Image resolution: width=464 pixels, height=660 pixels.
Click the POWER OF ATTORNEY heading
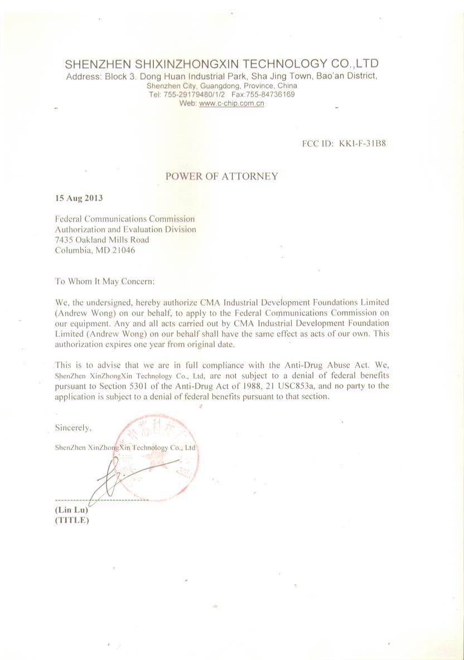[221, 176]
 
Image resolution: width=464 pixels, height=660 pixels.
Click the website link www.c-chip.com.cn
[231, 103]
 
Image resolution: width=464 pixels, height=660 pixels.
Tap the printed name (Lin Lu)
[71, 510]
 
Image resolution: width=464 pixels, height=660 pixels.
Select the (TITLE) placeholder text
[72, 520]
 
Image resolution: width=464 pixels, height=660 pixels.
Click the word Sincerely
[73, 428]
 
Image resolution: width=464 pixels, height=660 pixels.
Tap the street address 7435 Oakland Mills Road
[102, 240]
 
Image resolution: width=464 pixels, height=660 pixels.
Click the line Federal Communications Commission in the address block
[125, 219]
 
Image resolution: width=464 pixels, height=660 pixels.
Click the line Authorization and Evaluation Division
[125, 229]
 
